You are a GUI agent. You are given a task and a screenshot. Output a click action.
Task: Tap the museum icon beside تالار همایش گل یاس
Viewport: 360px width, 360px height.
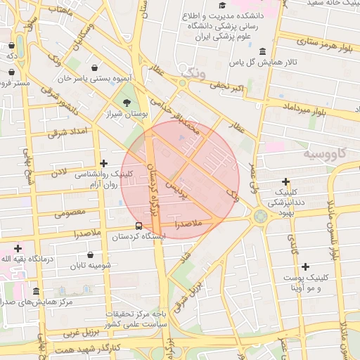click(x=262, y=51)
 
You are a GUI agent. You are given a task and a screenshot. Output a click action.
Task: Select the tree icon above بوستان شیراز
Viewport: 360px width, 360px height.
click(x=127, y=103)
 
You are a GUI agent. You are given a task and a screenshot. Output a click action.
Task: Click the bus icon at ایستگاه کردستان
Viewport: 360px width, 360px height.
click(x=139, y=226)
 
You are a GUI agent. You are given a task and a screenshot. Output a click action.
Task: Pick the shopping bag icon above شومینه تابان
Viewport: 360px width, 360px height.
click(x=91, y=255)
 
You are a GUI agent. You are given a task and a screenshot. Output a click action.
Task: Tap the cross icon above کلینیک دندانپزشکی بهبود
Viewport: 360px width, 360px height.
click(x=285, y=181)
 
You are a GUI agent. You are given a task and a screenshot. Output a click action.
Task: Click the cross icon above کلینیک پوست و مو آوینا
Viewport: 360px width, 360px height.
click(x=305, y=266)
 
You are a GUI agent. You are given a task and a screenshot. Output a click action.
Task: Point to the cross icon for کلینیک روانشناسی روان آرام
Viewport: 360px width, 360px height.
click(x=104, y=163)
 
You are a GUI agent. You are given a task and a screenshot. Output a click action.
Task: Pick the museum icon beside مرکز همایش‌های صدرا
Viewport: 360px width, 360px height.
click(x=36, y=292)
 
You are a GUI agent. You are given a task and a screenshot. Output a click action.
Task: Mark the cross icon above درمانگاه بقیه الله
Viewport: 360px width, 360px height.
click(x=18, y=248)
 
